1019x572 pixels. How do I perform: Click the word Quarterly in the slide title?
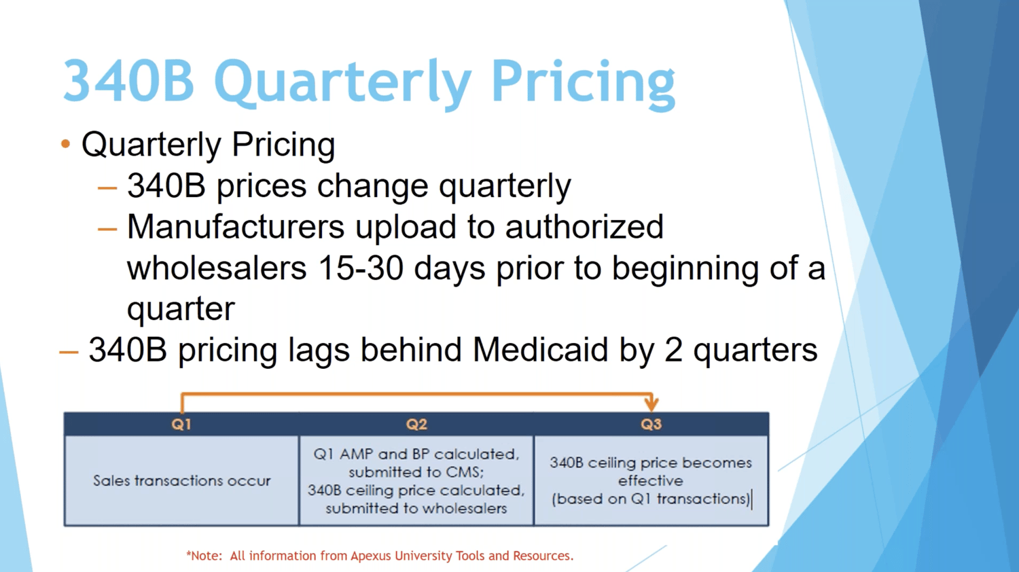coord(342,82)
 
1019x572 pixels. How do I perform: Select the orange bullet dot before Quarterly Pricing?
coord(66,144)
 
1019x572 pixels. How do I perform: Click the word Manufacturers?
coord(235,227)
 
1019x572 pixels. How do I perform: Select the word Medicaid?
coord(539,350)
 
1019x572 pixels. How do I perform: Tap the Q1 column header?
coord(181,425)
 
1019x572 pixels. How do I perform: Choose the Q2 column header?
coord(416,425)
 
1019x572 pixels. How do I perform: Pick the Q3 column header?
coord(651,425)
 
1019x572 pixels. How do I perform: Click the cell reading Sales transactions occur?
coord(181,481)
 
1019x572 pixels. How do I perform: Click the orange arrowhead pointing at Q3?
coord(651,404)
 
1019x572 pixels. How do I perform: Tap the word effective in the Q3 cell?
coord(650,481)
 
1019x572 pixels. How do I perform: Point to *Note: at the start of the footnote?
coord(204,556)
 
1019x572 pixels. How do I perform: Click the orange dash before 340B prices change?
coord(107,188)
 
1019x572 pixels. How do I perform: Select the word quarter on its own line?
coord(181,309)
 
